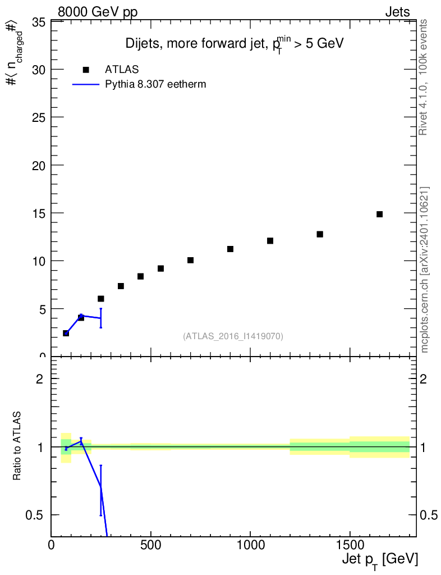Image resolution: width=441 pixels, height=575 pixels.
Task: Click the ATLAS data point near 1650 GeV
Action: pyautogui.click(x=379, y=214)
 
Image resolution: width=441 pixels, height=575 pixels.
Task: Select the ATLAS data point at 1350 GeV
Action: pyautogui.click(x=320, y=234)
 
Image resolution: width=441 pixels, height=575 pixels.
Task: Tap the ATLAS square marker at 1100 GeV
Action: pyautogui.click(x=270, y=241)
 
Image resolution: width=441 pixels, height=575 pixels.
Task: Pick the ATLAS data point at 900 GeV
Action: pyautogui.click(x=230, y=249)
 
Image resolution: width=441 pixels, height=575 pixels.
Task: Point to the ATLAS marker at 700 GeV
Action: pyautogui.click(x=190, y=260)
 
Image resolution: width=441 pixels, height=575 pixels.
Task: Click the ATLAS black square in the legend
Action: pyautogui.click(x=86, y=70)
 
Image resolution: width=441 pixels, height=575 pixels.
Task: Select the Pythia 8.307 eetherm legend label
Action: pyautogui.click(x=156, y=85)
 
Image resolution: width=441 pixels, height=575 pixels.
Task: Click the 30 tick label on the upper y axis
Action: pyautogui.click(x=39, y=70)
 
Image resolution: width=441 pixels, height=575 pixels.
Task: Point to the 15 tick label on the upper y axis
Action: pyautogui.click(x=39, y=213)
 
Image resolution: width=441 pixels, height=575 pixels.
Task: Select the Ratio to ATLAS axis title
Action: pyautogui.click(x=17, y=446)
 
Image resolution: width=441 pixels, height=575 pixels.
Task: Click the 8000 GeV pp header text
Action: pyautogui.click(x=98, y=12)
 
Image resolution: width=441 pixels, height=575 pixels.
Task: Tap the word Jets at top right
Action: pyautogui.click(x=397, y=12)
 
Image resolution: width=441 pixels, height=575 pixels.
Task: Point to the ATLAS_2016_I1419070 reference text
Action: pyautogui.click(x=233, y=336)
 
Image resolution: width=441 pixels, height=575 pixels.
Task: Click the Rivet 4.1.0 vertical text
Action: pyautogui.click(x=424, y=77)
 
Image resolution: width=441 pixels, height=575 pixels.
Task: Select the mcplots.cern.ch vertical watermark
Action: pyautogui.click(x=425, y=270)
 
